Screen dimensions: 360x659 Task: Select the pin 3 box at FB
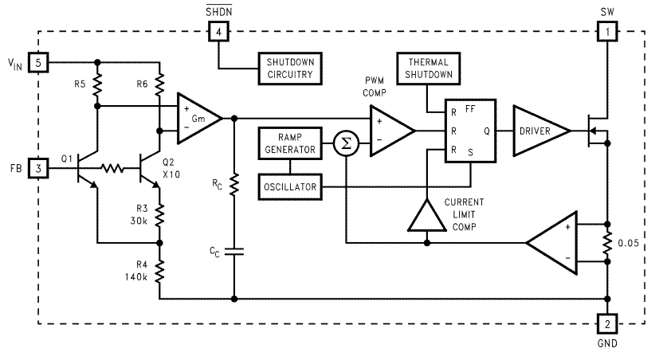38,168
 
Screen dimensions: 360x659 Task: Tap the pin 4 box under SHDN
216,32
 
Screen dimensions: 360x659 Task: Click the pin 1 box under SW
606,32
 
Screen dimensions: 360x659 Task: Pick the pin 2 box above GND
606,324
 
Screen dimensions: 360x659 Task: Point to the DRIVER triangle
538,129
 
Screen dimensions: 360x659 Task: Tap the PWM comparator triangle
388,129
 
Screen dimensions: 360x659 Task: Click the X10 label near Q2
169,174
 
